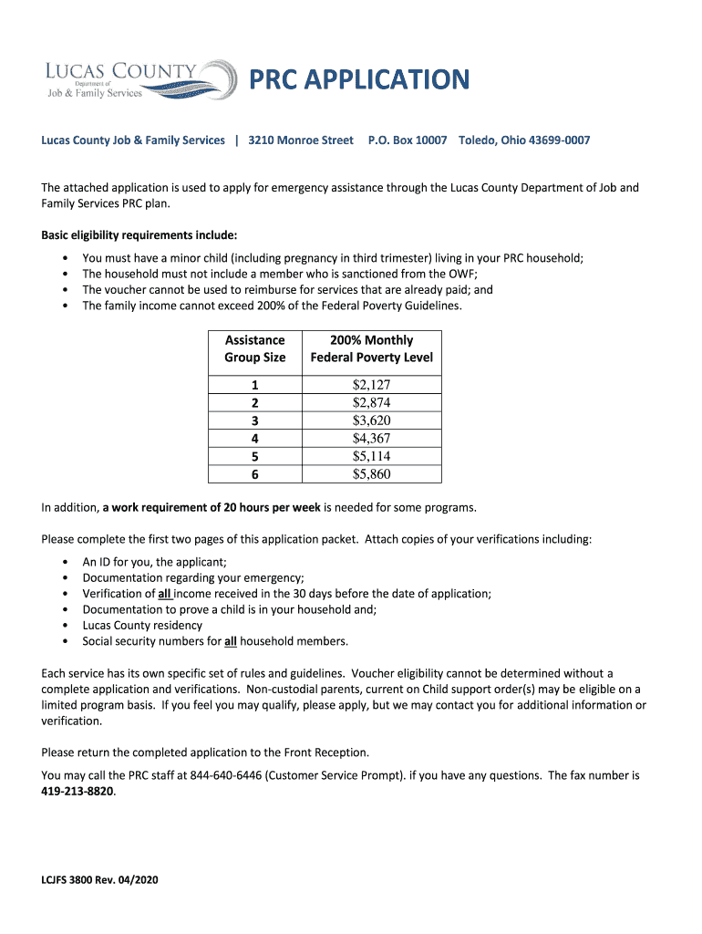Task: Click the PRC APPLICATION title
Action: click(360, 80)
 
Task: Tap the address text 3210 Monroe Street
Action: click(301, 140)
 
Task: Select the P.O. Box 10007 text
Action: click(408, 140)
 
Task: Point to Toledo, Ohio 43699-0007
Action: click(524, 140)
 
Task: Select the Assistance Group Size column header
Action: click(255, 348)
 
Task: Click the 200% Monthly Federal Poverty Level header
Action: click(372, 348)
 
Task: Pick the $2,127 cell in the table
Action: click(371, 385)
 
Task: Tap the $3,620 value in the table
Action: click(371, 420)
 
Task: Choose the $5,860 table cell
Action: click(371, 474)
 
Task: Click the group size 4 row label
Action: click(255, 439)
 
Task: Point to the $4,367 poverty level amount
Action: click(371, 439)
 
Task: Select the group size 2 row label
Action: click(255, 403)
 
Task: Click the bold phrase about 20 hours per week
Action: click(212, 507)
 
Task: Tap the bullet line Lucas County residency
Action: click(142, 626)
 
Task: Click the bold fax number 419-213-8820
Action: click(77, 792)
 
